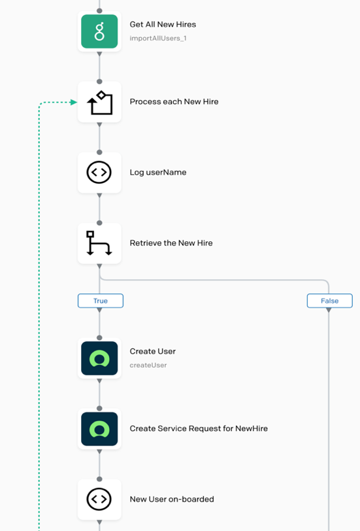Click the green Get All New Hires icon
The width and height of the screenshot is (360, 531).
pyautogui.click(x=99, y=31)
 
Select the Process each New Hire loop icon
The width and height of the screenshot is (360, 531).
pyautogui.click(x=99, y=102)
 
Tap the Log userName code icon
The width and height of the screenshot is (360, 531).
pyautogui.click(x=99, y=173)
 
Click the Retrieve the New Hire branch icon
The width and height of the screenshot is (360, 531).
pyautogui.click(x=99, y=243)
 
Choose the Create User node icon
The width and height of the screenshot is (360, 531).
pyautogui.click(x=99, y=358)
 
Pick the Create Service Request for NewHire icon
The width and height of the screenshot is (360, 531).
pyautogui.click(x=99, y=429)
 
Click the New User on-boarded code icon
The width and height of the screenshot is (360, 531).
pyautogui.click(x=99, y=499)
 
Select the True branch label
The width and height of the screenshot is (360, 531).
pyautogui.click(x=101, y=301)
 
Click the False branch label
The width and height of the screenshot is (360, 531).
pyautogui.click(x=329, y=301)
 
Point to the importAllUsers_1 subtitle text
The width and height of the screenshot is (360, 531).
pyautogui.click(x=158, y=39)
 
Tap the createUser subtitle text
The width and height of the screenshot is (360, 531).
pyautogui.click(x=148, y=365)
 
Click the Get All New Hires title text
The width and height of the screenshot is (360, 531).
pyautogui.click(x=163, y=24)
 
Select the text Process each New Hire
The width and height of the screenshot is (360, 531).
pyautogui.click(x=174, y=101)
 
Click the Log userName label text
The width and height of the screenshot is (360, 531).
pyautogui.click(x=158, y=173)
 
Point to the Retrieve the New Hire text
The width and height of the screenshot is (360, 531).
pyautogui.click(x=171, y=243)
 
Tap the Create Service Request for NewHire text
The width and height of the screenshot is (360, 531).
pyautogui.click(x=199, y=428)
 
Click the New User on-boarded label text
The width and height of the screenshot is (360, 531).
pyautogui.click(x=172, y=499)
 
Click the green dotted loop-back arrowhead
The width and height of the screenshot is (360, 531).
pyautogui.click(x=74, y=102)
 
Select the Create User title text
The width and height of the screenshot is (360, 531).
pyautogui.click(x=153, y=351)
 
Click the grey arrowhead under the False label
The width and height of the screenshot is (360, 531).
pyautogui.click(x=329, y=310)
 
